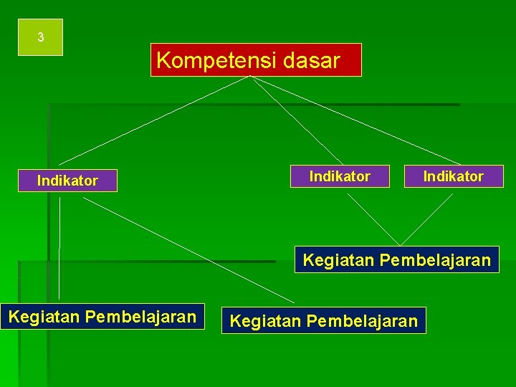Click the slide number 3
click(x=41, y=37)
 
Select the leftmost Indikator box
click(x=67, y=181)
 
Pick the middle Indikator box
click(x=340, y=176)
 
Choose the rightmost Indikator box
click(x=454, y=176)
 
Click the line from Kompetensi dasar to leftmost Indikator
click(x=154, y=120)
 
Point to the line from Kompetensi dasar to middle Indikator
click(x=297, y=120)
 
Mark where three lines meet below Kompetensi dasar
click(x=250, y=77)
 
